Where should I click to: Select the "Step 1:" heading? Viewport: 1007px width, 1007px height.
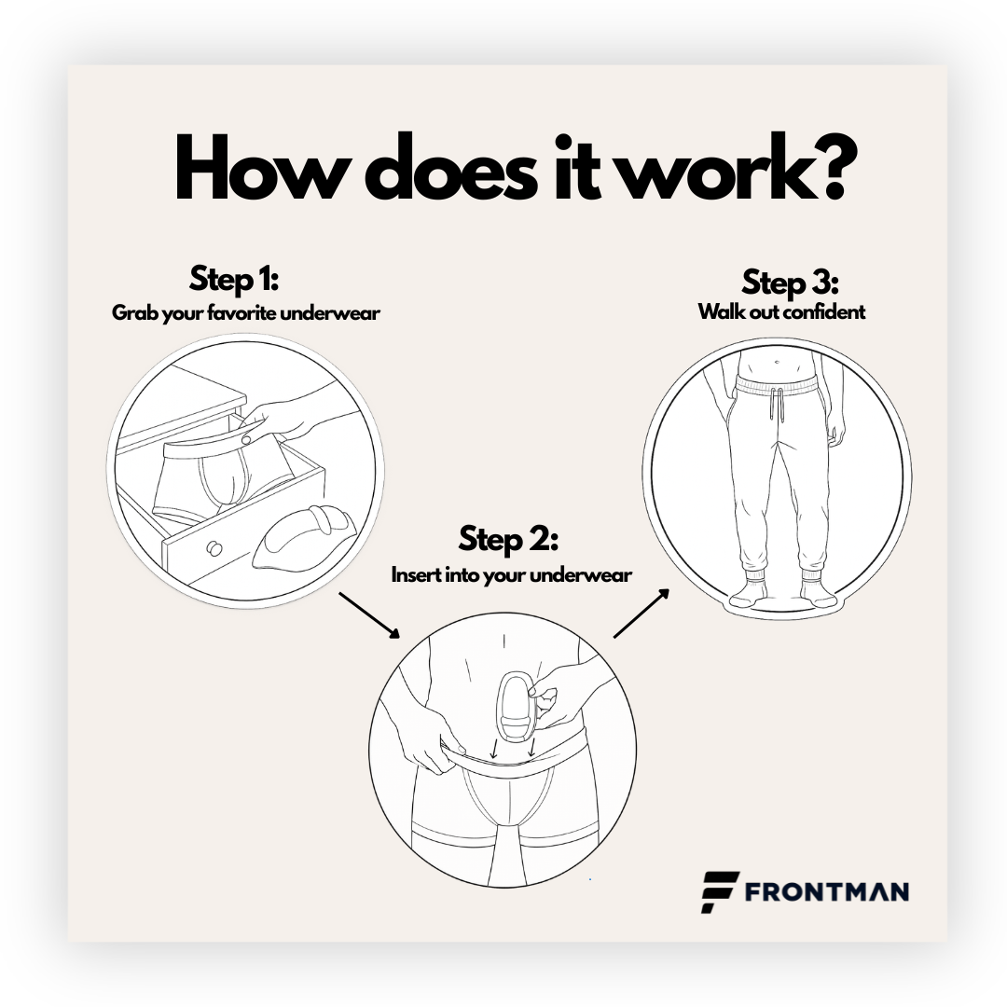[234, 280]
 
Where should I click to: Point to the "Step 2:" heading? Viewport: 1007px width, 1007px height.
[508, 540]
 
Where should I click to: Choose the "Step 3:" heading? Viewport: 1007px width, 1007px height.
[790, 283]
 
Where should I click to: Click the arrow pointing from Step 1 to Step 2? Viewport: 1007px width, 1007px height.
[369, 615]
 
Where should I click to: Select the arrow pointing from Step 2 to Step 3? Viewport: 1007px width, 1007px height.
[641, 613]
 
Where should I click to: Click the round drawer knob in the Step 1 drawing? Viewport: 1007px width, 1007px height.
[214, 548]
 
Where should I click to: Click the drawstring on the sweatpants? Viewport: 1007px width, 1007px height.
[777, 404]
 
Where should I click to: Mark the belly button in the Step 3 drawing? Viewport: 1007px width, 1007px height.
[777, 362]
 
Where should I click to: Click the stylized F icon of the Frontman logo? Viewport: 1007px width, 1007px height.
[719, 891]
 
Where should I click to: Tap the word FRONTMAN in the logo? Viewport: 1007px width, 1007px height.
[826, 892]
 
